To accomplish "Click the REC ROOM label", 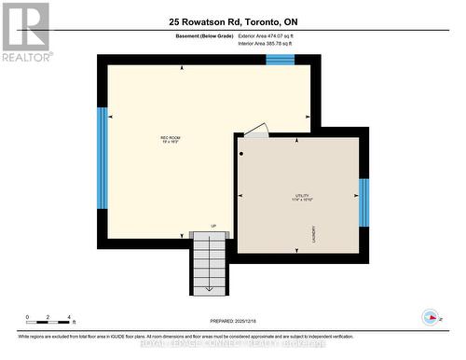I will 170,138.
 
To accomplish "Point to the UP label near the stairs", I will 212,226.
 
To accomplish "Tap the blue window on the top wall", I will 280,60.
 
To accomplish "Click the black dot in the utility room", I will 241,153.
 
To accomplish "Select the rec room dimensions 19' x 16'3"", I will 170,143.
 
